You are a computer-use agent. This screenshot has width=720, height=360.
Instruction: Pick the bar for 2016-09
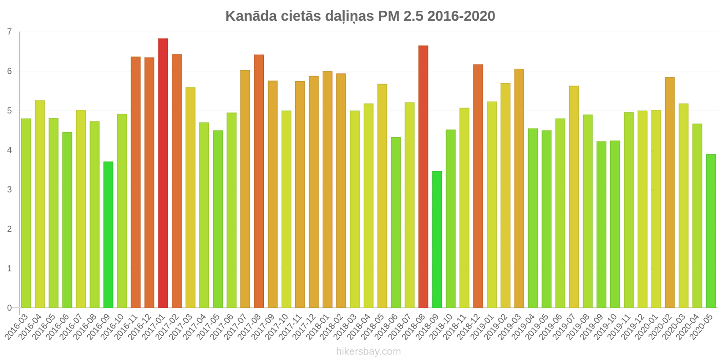(108, 234)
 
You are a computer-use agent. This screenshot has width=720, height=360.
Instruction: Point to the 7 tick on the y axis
(9, 32)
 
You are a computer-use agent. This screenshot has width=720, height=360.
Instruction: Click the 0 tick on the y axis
(9, 308)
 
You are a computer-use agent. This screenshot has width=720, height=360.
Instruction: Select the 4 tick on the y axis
(9, 150)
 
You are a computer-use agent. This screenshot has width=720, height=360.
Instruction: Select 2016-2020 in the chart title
(461, 16)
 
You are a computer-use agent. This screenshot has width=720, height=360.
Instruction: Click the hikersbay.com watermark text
(368, 351)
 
